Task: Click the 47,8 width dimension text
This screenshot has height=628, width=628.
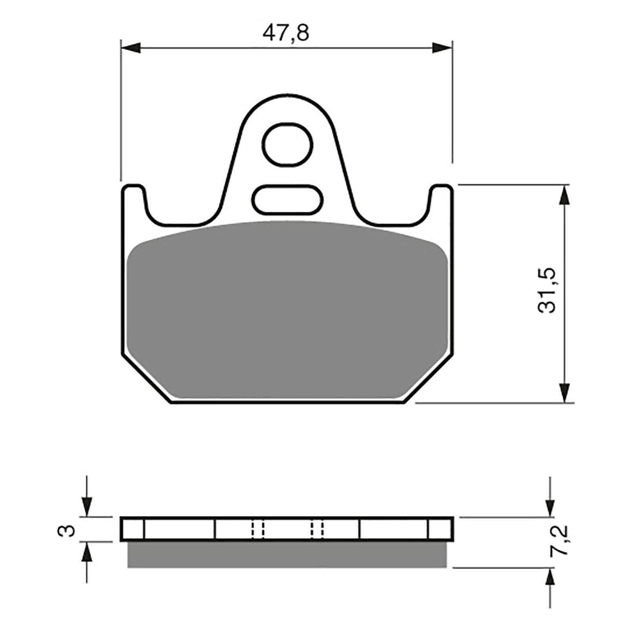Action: tap(286, 33)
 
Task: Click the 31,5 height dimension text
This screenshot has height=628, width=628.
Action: tap(547, 290)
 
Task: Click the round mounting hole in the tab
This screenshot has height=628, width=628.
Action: tap(288, 144)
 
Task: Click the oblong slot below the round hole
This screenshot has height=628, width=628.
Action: tap(288, 200)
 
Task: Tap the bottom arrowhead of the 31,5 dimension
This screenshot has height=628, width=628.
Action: tap(564, 392)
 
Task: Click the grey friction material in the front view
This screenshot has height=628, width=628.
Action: tap(288, 310)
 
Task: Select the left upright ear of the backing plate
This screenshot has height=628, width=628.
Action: tap(133, 204)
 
